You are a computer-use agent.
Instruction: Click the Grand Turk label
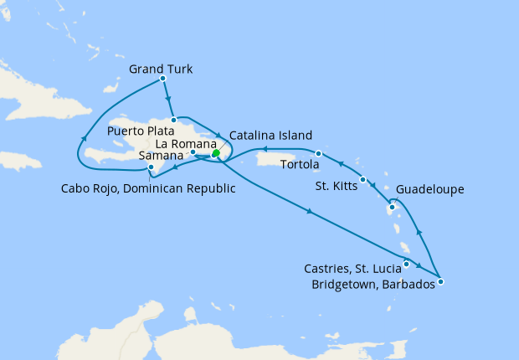click(161, 69)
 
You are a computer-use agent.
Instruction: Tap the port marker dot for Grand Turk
click(162, 79)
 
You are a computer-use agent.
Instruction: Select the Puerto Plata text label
click(141, 131)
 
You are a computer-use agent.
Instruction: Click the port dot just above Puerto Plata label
click(173, 120)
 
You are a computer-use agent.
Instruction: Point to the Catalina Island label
click(270, 135)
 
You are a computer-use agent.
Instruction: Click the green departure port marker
click(215, 153)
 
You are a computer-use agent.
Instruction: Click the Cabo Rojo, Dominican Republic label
click(147, 188)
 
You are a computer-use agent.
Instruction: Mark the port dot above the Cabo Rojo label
click(150, 168)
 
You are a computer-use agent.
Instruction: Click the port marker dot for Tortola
click(319, 153)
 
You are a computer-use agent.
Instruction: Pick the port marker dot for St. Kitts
click(362, 180)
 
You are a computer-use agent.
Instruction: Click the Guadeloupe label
click(429, 190)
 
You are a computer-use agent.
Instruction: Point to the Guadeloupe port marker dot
click(392, 207)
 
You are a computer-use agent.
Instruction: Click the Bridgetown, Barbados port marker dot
click(440, 281)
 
